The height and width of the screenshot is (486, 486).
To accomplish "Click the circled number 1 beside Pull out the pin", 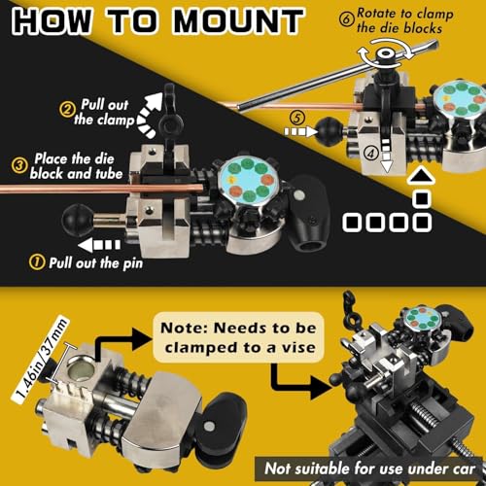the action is coord(37,261).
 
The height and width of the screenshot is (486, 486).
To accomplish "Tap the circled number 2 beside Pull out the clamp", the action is coord(67,109).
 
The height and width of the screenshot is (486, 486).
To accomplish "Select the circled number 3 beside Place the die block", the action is coord(19,165).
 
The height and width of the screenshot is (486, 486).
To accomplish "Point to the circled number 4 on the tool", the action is coord(371,153).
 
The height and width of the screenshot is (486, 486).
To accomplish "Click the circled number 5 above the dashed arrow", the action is coord(297,119).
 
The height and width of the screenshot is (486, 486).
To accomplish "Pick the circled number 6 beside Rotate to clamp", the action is coord(347,19).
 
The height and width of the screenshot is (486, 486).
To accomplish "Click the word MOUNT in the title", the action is coord(239,21).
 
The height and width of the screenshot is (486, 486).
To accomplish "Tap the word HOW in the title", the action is coord(52,21).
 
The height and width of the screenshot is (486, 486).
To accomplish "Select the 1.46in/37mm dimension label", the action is coord(41,361).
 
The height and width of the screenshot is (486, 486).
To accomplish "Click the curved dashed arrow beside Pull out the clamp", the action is coord(150,114).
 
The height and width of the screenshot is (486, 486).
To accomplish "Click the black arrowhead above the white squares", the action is coord(421,177).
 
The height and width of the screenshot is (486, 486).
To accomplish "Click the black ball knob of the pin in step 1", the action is coord(73,220).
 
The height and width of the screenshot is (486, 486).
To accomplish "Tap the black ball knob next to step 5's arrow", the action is coord(329,132).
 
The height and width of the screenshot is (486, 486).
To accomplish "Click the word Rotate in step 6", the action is coord(377,14).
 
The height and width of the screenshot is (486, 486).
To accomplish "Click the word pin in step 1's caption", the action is coord(132,263).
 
